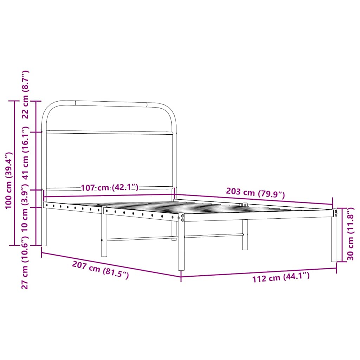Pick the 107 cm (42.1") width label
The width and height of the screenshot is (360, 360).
(x=110, y=188)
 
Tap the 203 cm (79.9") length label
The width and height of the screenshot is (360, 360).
(x=255, y=192)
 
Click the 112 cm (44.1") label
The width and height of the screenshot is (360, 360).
(x=281, y=278)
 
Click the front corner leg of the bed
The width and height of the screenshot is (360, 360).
(x=181, y=246)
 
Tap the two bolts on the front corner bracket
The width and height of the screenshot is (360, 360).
(x=182, y=218)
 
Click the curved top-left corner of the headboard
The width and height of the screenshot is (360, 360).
(x=49, y=107)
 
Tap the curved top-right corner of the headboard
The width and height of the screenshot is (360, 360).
(x=169, y=109)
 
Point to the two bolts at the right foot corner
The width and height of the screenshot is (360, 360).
(x=335, y=213)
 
